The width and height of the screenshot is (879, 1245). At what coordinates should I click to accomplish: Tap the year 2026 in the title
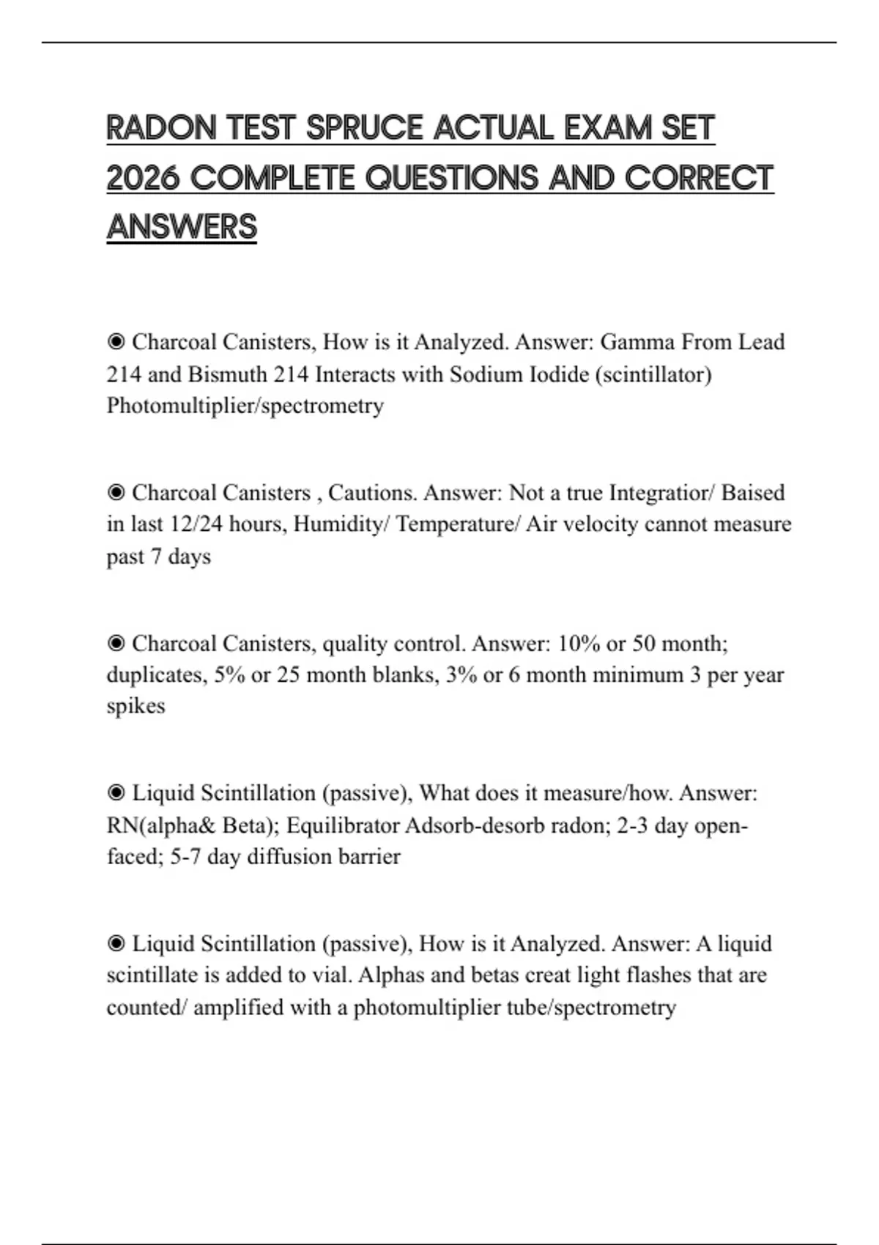[x=143, y=178]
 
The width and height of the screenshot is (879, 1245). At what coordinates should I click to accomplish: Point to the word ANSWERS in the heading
[x=182, y=227]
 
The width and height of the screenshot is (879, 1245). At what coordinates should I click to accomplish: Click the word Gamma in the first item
[x=637, y=342]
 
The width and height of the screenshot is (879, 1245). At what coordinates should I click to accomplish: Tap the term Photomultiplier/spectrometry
[x=245, y=406]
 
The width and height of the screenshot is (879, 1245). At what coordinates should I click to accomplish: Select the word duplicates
[x=154, y=674]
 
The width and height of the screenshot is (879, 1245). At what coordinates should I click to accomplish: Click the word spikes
[x=136, y=706]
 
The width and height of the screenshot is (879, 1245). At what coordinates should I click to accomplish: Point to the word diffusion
[x=281, y=857]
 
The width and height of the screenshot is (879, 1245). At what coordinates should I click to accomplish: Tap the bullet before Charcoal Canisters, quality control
[x=116, y=643]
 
